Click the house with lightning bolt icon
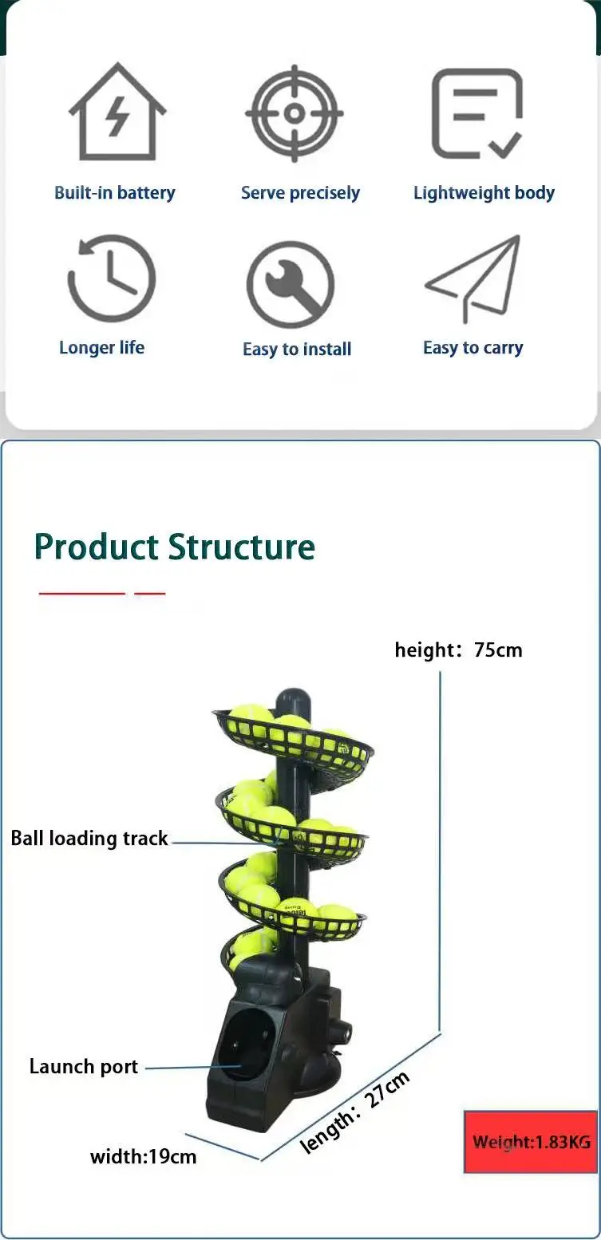coord(117,113)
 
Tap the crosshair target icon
coord(295,113)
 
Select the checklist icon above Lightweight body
coord(477,113)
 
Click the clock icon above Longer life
coord(112,278)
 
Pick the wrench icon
coord(291,285)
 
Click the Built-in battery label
coord(115,192)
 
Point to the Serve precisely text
coord(300,193)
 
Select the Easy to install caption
coord(297,349)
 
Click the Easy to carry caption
coord(473,348)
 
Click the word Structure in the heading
coord(242,547)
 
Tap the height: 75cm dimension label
coord(459,650)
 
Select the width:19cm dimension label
coord(144,1156)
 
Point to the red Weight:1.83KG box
coord(531,1142)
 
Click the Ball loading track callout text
coord(89,838)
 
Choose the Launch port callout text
coord(84,1067)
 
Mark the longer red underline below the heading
coord(82,593)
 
